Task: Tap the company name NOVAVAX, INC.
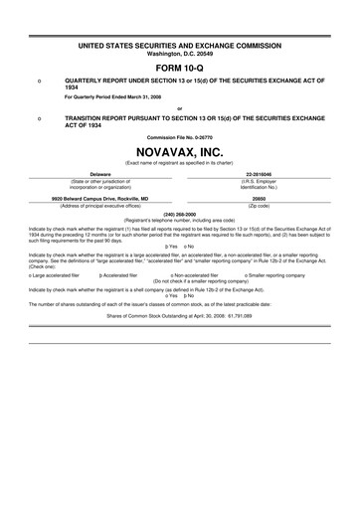(179, 148)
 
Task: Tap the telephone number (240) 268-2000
(179, 212)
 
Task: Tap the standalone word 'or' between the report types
(179, 107)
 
